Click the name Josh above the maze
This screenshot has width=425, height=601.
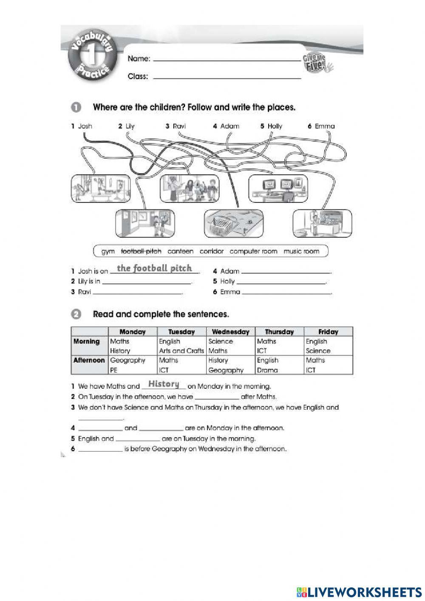pos(85,126)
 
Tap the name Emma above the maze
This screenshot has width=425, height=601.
pos(325,126)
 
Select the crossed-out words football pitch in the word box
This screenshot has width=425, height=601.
pos(141,251)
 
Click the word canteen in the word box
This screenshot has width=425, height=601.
pos(180,251)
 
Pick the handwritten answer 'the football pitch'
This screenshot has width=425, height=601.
pos(154,268)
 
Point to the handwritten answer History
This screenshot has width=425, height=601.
pos(164,384)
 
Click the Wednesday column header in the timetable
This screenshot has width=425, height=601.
pos(230,332)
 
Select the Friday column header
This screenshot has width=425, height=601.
pos(328,332)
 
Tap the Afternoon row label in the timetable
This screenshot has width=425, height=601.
pos(89,360)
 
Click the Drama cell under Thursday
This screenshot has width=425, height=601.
pos(267,370)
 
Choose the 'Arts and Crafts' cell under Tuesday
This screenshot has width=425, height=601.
pos(181,351)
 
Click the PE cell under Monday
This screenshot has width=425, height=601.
pos(114,370)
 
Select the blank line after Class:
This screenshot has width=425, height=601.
pos(227,78)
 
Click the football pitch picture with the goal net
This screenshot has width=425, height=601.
pos(233,224)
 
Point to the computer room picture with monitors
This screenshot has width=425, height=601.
pos(278,188)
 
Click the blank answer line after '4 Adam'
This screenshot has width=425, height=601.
pos(286,272)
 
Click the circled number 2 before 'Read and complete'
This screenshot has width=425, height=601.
pos(76,315)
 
